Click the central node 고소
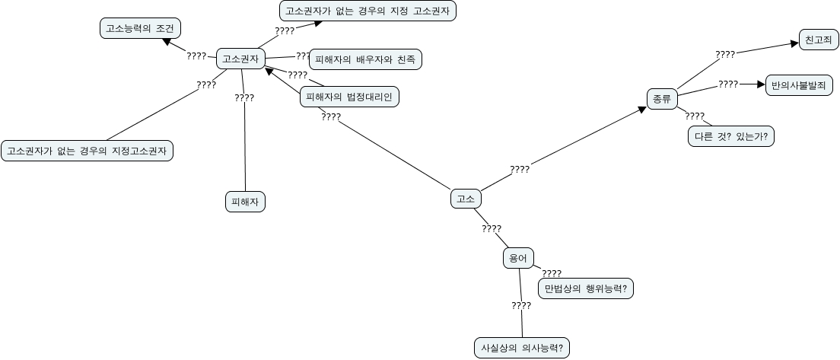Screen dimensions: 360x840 click(x=465, y=199)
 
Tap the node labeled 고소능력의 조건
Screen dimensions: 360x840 click(x=140, y=29)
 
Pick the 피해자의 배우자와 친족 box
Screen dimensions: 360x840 click(x=365, y=59)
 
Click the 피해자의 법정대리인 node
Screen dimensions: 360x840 click(x=349, y=97)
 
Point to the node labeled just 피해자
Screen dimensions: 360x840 click(x=245, y=201)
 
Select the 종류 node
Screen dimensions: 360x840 click(x=661, y=98)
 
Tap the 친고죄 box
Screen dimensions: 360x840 click(x=819, y=40)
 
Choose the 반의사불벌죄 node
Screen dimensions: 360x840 click(x=798, y=84)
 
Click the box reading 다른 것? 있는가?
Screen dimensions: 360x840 click(x=730, y=136)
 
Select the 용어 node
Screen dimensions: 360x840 click(x=518, y=258)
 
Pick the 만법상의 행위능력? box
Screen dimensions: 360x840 click(x=586, y=289)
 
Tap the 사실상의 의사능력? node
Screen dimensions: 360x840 click(x=521, y=347)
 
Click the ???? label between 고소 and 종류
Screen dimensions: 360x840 click(x=520, y=170)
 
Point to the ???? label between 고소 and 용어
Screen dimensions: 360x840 click(x=492, y=228)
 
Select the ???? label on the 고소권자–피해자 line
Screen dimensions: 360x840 click(x=244, y=98)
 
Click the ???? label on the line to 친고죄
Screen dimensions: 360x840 click(x=725, y=55)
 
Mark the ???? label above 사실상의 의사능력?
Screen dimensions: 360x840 click(x=521, y=306)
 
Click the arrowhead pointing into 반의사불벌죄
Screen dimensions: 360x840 click(x=759, y=84)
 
